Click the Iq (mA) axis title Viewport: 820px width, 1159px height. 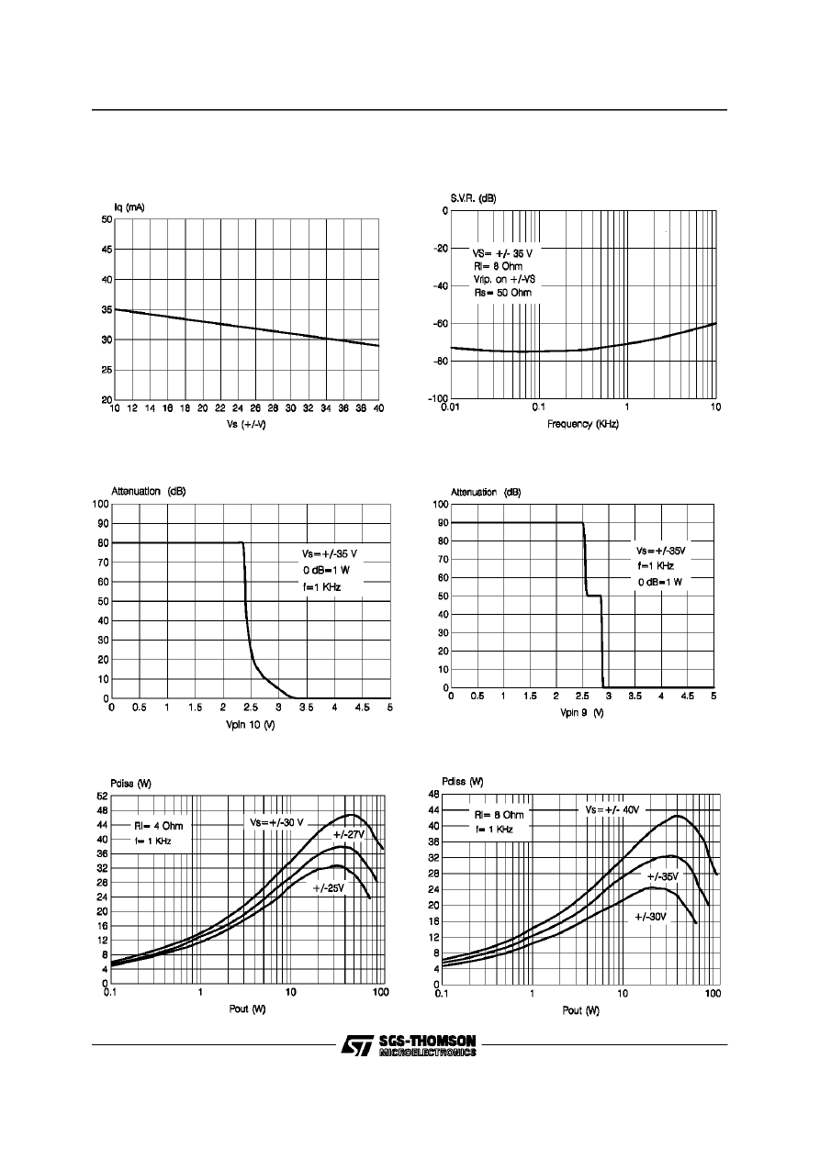[122, 207]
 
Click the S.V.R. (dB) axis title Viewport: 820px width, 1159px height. [473, 198]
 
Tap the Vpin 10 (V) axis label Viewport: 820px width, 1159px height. [251, 725]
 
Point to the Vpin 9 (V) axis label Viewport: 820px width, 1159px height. [582, 714]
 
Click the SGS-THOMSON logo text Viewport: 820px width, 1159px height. [427, 1042]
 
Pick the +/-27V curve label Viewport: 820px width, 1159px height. [349, 834]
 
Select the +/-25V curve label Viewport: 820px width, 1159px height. [329, 888]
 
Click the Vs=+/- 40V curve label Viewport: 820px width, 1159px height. [612, 810]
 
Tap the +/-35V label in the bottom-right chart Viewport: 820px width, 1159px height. [657, 877]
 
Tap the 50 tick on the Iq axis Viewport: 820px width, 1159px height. [107, 219]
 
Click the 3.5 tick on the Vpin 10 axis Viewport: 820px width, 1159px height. [306, 708]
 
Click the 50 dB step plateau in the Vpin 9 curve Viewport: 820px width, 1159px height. [593, 596]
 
